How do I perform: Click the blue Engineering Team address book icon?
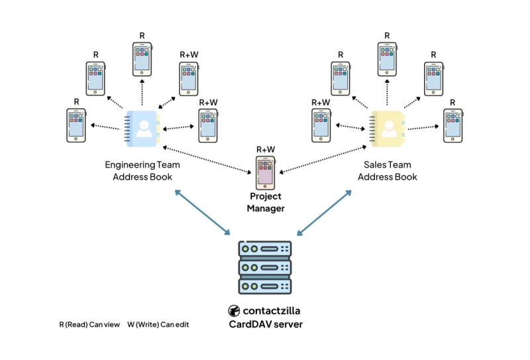(142, 127)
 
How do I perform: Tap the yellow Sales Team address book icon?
(387, 127)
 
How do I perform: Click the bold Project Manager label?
(265, 202)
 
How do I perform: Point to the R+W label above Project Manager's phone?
(265, 149)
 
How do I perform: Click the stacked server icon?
(265, 268)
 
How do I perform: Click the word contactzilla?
(273, 311)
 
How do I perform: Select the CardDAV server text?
(265, 324)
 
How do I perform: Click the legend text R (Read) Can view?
(89, 325)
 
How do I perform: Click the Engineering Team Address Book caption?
(142, 170)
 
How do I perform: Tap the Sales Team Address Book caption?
(388, 170)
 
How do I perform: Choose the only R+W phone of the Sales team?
(321, 125)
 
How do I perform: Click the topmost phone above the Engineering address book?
(142, 60)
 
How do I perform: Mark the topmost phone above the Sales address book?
(387, 60)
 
